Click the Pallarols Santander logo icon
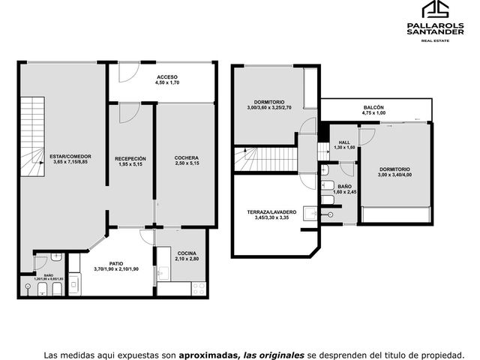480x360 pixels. (x=435, y=9)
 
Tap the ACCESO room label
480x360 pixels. (x=167, y=77)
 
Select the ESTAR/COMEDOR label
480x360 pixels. (x=70, y=157)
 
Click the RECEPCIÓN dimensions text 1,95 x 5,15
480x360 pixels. (x=130, y=164)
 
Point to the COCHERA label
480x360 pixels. (x=187, y=158)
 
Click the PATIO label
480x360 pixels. (x=116, y=263)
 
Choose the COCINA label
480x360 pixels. (x=187, y=253)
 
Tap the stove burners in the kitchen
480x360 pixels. (x=199, y=289)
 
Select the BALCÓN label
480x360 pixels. (x=373, y=107)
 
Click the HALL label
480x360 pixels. (x=344, y=142)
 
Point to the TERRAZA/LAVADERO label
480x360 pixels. (x=271, y=212)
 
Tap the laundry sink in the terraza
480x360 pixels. (x=310, y=213)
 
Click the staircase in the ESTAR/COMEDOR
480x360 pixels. (x=33, y=136)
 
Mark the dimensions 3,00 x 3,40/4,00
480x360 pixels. (x=395, y=175)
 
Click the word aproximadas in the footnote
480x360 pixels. (x=208, y=355)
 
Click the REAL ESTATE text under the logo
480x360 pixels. (x=435, y=40)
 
